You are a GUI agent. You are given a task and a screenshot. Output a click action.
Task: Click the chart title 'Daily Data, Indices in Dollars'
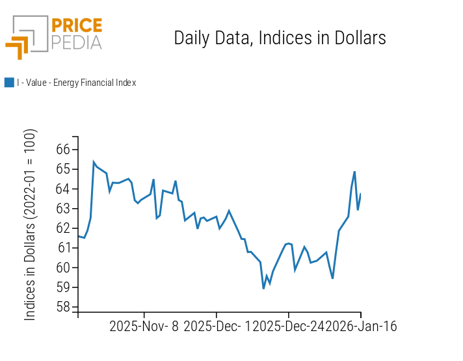click(280, 38)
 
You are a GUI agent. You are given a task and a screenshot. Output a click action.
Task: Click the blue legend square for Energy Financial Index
click(9, 83)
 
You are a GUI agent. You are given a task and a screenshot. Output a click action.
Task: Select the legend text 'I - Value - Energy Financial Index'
click(76, 83)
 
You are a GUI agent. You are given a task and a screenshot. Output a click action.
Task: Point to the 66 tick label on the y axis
click(63, 150)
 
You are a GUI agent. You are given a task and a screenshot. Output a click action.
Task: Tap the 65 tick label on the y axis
click(63, 169)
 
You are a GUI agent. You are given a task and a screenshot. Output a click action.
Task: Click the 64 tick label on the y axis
click(63, 189)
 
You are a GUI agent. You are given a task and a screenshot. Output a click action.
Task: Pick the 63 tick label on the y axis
click(63, 209)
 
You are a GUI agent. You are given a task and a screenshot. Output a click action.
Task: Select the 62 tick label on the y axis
click(63, 228)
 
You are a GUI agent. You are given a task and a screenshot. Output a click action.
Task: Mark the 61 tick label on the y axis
click(63, 248)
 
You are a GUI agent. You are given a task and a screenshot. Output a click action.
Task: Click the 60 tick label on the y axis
click(63, 267)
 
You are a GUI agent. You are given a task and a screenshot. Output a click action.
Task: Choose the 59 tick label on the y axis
click(63, 287)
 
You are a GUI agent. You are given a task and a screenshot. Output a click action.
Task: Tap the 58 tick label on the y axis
click(63, 307)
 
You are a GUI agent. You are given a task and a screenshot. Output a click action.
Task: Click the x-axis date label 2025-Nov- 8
click(144, 327)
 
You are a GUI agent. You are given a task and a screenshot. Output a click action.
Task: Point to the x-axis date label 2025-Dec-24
click(289, 327)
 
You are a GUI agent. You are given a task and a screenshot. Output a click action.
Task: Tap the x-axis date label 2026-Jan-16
click(361, 327)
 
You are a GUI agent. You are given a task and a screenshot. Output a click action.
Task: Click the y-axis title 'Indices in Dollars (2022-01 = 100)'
click(31, 224)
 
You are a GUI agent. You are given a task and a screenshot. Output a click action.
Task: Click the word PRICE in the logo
click(76, 26)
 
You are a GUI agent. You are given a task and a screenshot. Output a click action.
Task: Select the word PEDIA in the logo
click(76, 42)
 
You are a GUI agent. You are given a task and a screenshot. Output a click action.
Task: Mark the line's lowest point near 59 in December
click(263, 288)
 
